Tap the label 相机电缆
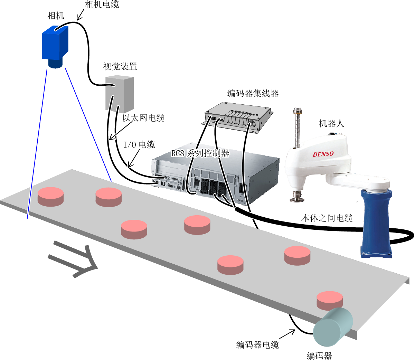click(102, 4)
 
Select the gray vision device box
click(120, 94)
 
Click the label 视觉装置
click(120, 66)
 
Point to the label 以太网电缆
click(143, 117)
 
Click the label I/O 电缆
click(139, 144)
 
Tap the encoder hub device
click(237, 117)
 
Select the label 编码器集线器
click(253, 93)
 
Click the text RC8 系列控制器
click(200, 153)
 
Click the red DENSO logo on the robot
click(323, 154)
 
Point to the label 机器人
click(331, 123)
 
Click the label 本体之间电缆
click(327, 218)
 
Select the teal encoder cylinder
click(333, 327)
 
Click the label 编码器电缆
click(257, 344)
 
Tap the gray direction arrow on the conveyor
click(73, 259)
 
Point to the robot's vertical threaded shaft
click(297, 128)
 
